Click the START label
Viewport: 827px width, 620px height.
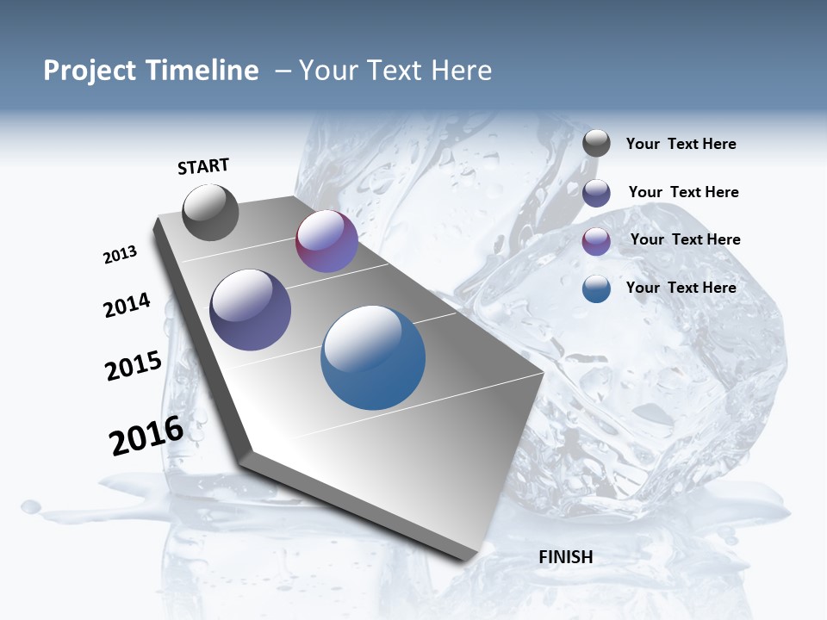(203, 166)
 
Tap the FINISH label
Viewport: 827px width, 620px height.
(565, 557)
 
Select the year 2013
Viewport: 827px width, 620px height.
(120, 255)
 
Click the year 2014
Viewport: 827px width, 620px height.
(127, 305)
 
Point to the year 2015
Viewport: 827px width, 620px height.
(134, 366)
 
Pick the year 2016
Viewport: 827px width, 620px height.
(146, 436)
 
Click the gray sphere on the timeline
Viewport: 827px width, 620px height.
(210, 213)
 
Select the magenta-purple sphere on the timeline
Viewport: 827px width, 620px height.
(326, 241)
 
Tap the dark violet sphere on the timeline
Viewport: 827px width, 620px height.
(251, 310)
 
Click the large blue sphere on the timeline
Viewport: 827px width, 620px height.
(373, 357)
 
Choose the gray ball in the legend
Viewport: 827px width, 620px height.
(596, 144)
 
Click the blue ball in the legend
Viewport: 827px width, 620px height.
(596, 288)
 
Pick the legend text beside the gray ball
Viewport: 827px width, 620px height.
(681, 145)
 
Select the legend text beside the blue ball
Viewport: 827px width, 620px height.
(681, 288)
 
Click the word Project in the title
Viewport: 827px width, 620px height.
(90, 71)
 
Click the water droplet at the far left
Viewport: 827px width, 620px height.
(31, 506)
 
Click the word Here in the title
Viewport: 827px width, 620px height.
(461, 71)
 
